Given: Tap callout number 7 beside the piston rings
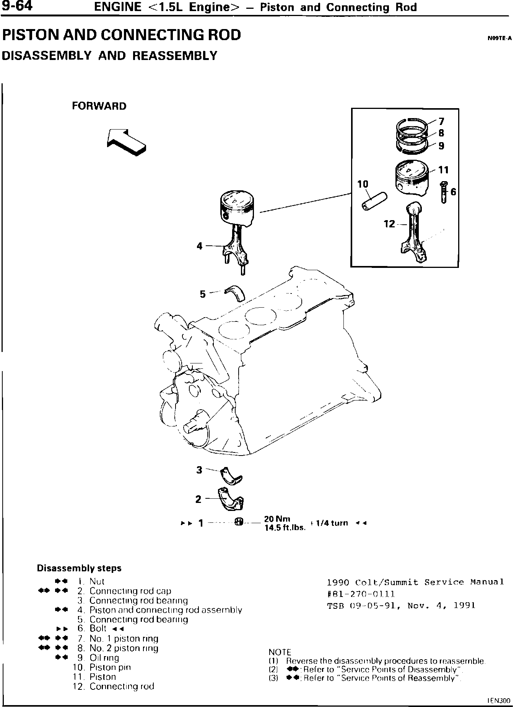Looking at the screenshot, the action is coord(441,122).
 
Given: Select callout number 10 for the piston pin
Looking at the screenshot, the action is coord(363,184).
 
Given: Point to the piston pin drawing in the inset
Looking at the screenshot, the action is coord(374,201).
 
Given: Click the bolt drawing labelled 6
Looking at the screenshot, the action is coord(444,192).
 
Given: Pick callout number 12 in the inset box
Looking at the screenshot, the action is coord(389,224).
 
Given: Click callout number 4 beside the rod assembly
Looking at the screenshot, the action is coord(200,246).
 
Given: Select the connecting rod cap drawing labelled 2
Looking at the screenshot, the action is coord(232,498).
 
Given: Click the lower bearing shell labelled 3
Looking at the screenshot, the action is coord(232,475).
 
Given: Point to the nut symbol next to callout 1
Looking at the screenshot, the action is coord(238,522).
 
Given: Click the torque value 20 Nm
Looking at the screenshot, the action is coord(277,519).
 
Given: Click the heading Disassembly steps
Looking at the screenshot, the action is coord(79,568).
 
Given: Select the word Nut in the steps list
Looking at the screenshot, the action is coord(97,581).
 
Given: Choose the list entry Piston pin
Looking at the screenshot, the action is coord(110,667).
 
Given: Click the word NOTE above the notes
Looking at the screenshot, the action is coord(280,652).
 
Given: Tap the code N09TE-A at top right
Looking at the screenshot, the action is coord(499,38).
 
